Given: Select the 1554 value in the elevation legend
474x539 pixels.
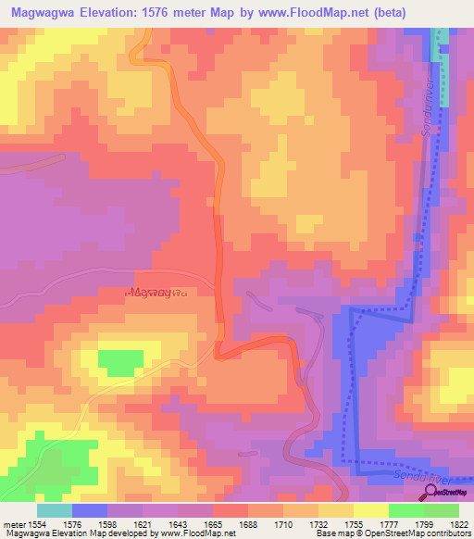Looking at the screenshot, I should tap(36, 525).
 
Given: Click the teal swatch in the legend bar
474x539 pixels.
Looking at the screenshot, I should tap(54, 510).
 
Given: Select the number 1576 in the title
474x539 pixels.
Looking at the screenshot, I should tap(164, 13).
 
